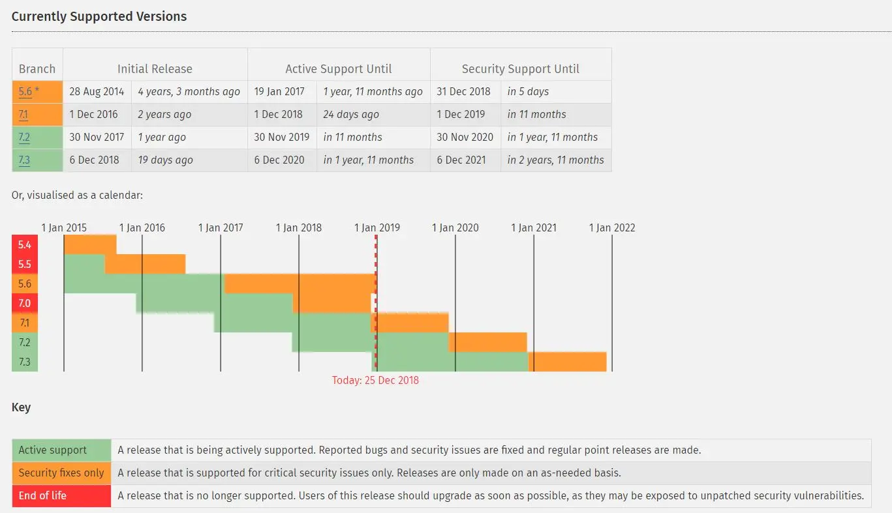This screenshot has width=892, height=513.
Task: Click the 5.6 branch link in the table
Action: (25, 92)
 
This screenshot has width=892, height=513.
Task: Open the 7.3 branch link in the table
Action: (24, 160)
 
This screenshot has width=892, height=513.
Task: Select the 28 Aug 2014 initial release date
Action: (97, 92)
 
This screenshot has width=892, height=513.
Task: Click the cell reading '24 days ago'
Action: (351, 115)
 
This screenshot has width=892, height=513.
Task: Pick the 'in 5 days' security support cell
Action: (528, 92)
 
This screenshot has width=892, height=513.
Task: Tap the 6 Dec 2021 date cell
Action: (461, 160)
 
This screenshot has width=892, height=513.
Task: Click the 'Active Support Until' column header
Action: (339, 68)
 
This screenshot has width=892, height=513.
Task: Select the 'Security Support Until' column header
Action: (520, 68)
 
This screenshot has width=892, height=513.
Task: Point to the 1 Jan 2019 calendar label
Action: (377, 227)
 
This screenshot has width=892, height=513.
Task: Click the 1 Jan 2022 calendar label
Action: (612, 227)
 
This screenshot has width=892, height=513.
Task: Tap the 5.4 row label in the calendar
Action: (25, 244)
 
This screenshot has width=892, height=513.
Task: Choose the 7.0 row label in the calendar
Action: (25, 303)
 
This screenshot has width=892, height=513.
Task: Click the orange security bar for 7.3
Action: (568, 361)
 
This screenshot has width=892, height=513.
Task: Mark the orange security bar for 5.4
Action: (90, 244)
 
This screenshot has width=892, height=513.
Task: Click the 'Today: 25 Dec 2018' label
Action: (375, 380)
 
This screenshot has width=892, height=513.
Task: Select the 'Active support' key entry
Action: (53, 450)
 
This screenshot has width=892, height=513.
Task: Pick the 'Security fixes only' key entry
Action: (61, 473)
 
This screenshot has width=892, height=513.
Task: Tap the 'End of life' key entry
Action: (42, 496)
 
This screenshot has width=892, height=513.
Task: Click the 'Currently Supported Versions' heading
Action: (99, 17)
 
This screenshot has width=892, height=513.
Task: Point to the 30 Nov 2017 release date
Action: (97, 138)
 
